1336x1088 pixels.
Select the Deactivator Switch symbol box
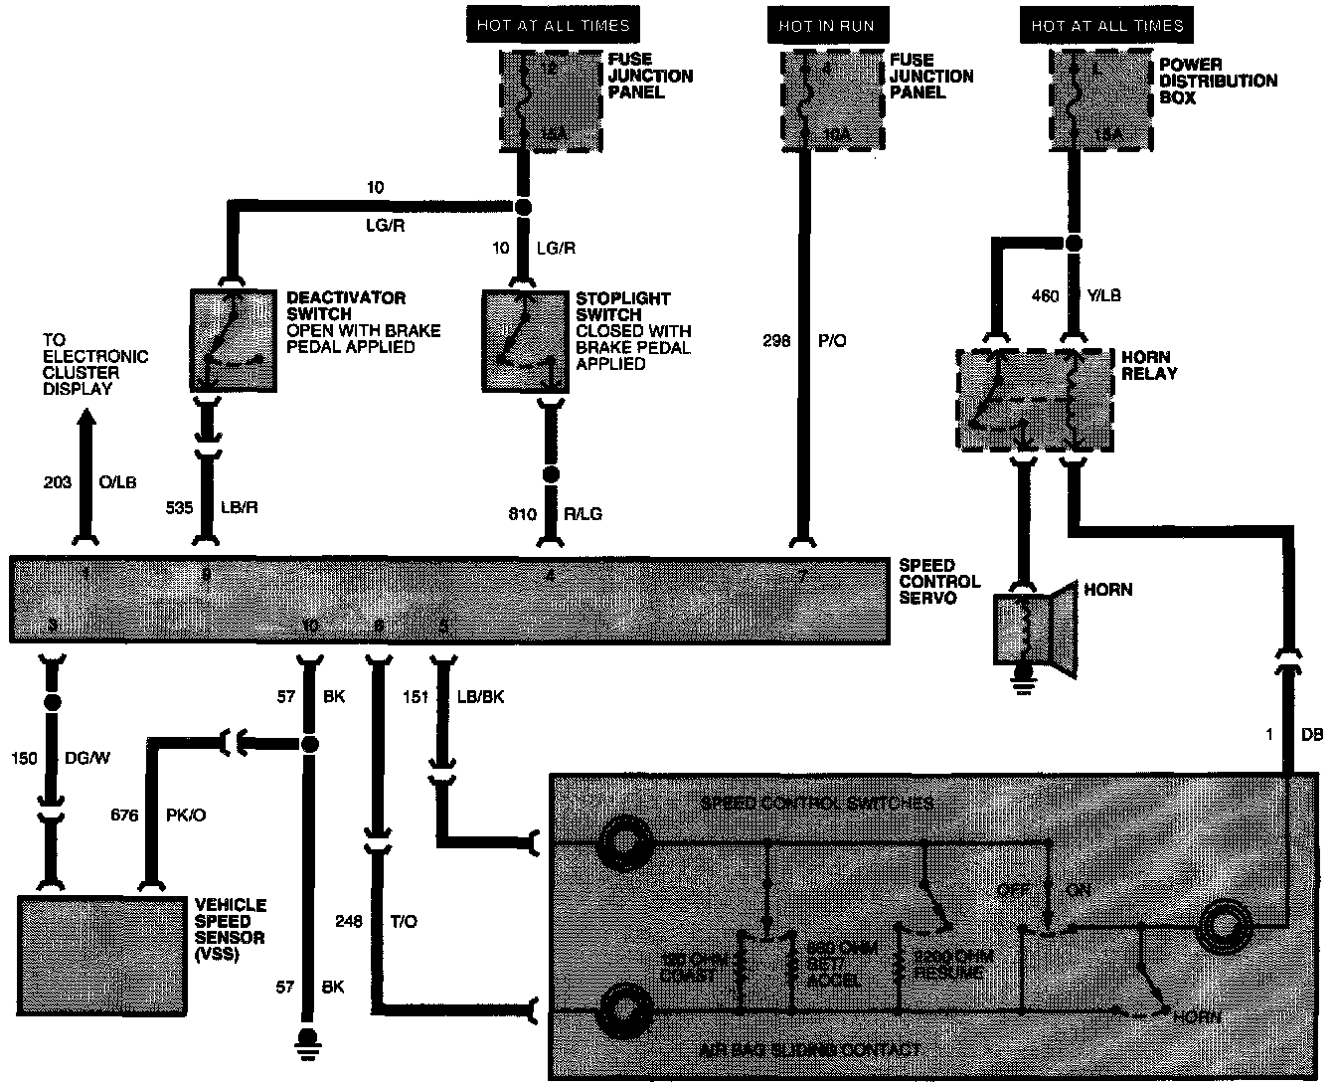pyautogui.click(x=234, y=340)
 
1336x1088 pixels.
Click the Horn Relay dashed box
pyautogui.click(x=1035, y=399)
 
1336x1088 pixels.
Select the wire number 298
pyautogui.click(x=777, y=341)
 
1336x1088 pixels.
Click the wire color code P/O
pyautogui.click(x=832, y=341)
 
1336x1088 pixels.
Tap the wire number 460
pyautogui.click(x=1045, y=296)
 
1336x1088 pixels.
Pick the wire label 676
pyautogui.click(x=126, y=816)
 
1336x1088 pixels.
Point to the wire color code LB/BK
pyautogui.click(x=480, y=697)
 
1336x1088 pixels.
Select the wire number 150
pyautogui.click(x=25, y=759)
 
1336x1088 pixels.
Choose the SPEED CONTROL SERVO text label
pyautogui.click(x=939, y=582)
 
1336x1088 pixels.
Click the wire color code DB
pyautogui.click(x=1312, y=735)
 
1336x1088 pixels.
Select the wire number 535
pyautogui.click(x=181, y=508)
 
